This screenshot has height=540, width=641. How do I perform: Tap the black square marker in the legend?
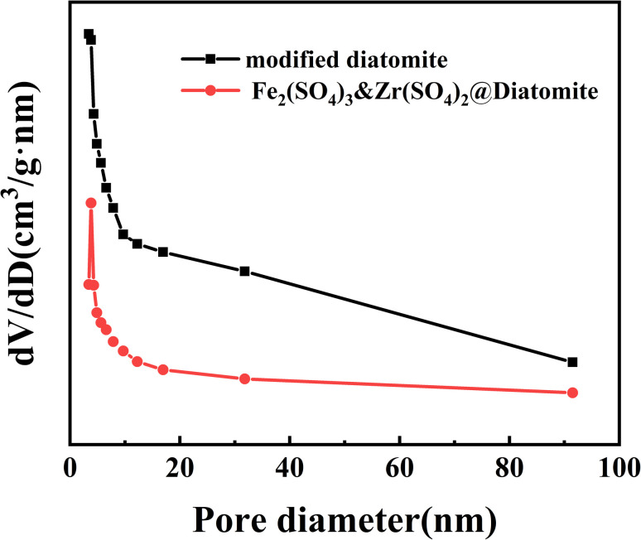click(x=210, y=59)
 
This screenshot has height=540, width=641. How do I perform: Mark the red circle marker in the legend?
click(x=210, y=91)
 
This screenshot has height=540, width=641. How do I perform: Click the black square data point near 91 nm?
click(x=572, y=362)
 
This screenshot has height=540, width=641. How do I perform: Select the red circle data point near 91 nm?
click(x=572, y=393)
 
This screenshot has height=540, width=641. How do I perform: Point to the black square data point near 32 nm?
click(x=244, y=272)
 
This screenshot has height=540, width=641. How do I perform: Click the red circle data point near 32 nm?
click(x=244, y=378)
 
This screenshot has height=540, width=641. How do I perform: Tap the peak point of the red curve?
click(x=91, y=203)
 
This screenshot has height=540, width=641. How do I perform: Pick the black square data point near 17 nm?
click(x=163, y=252)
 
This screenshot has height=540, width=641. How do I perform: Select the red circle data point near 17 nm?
click(x=163, y=369)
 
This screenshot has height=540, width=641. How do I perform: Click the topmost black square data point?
click(x=89, y=34)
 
